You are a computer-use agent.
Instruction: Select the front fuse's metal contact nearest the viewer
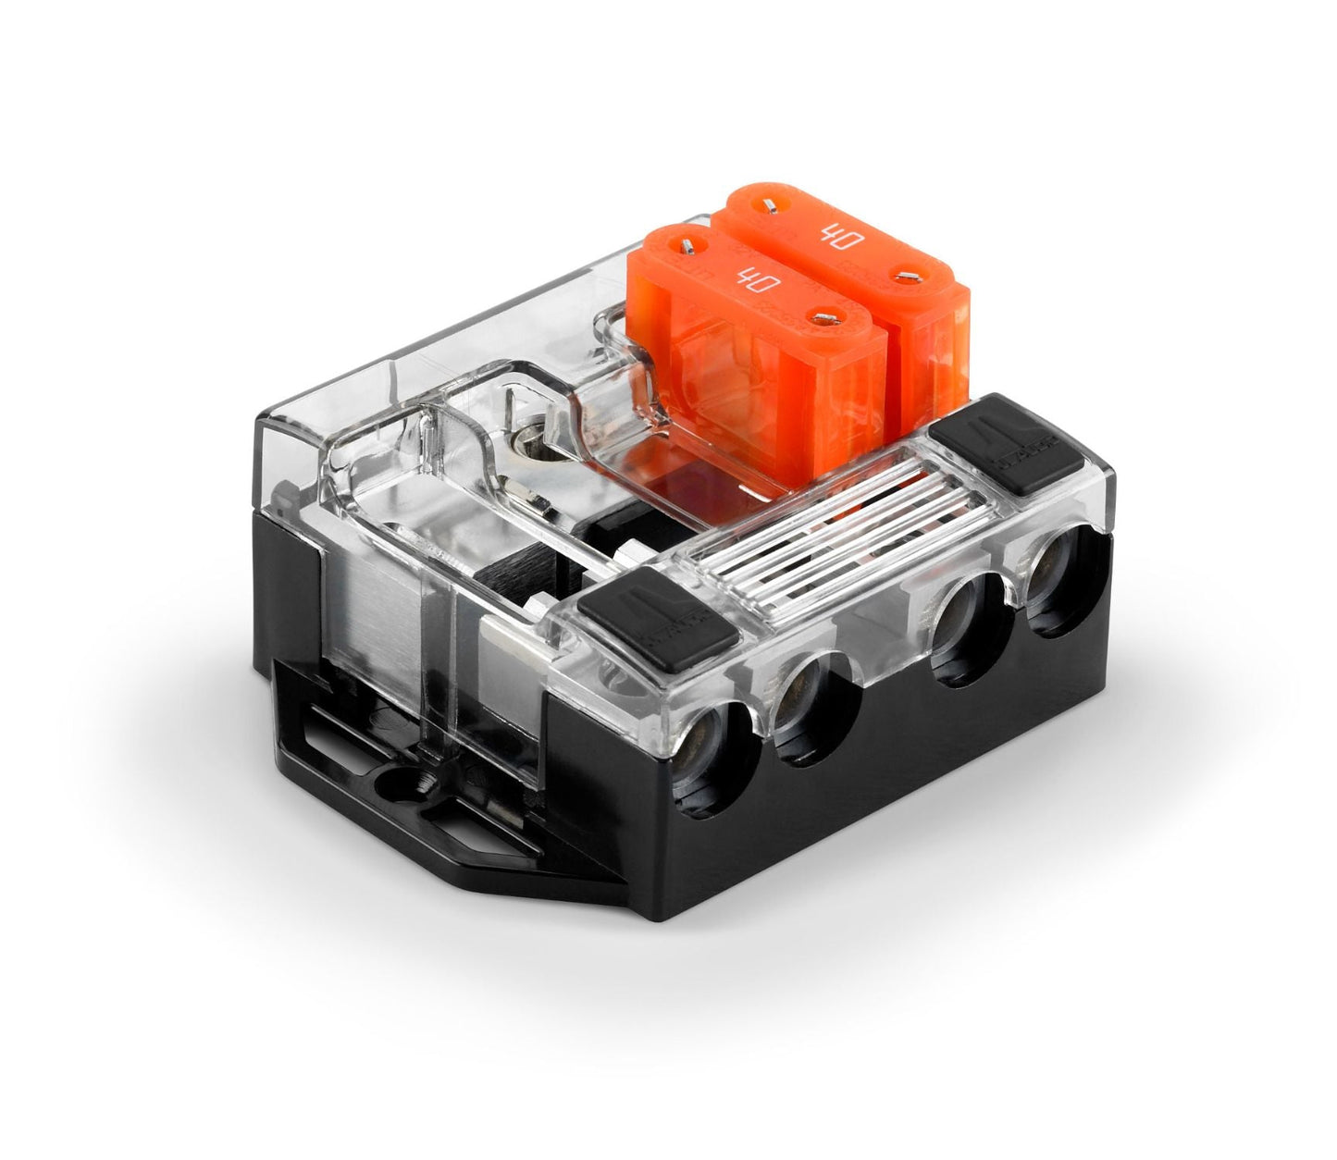click(820, 318)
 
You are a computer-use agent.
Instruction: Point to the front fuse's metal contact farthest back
click(689, 245)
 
